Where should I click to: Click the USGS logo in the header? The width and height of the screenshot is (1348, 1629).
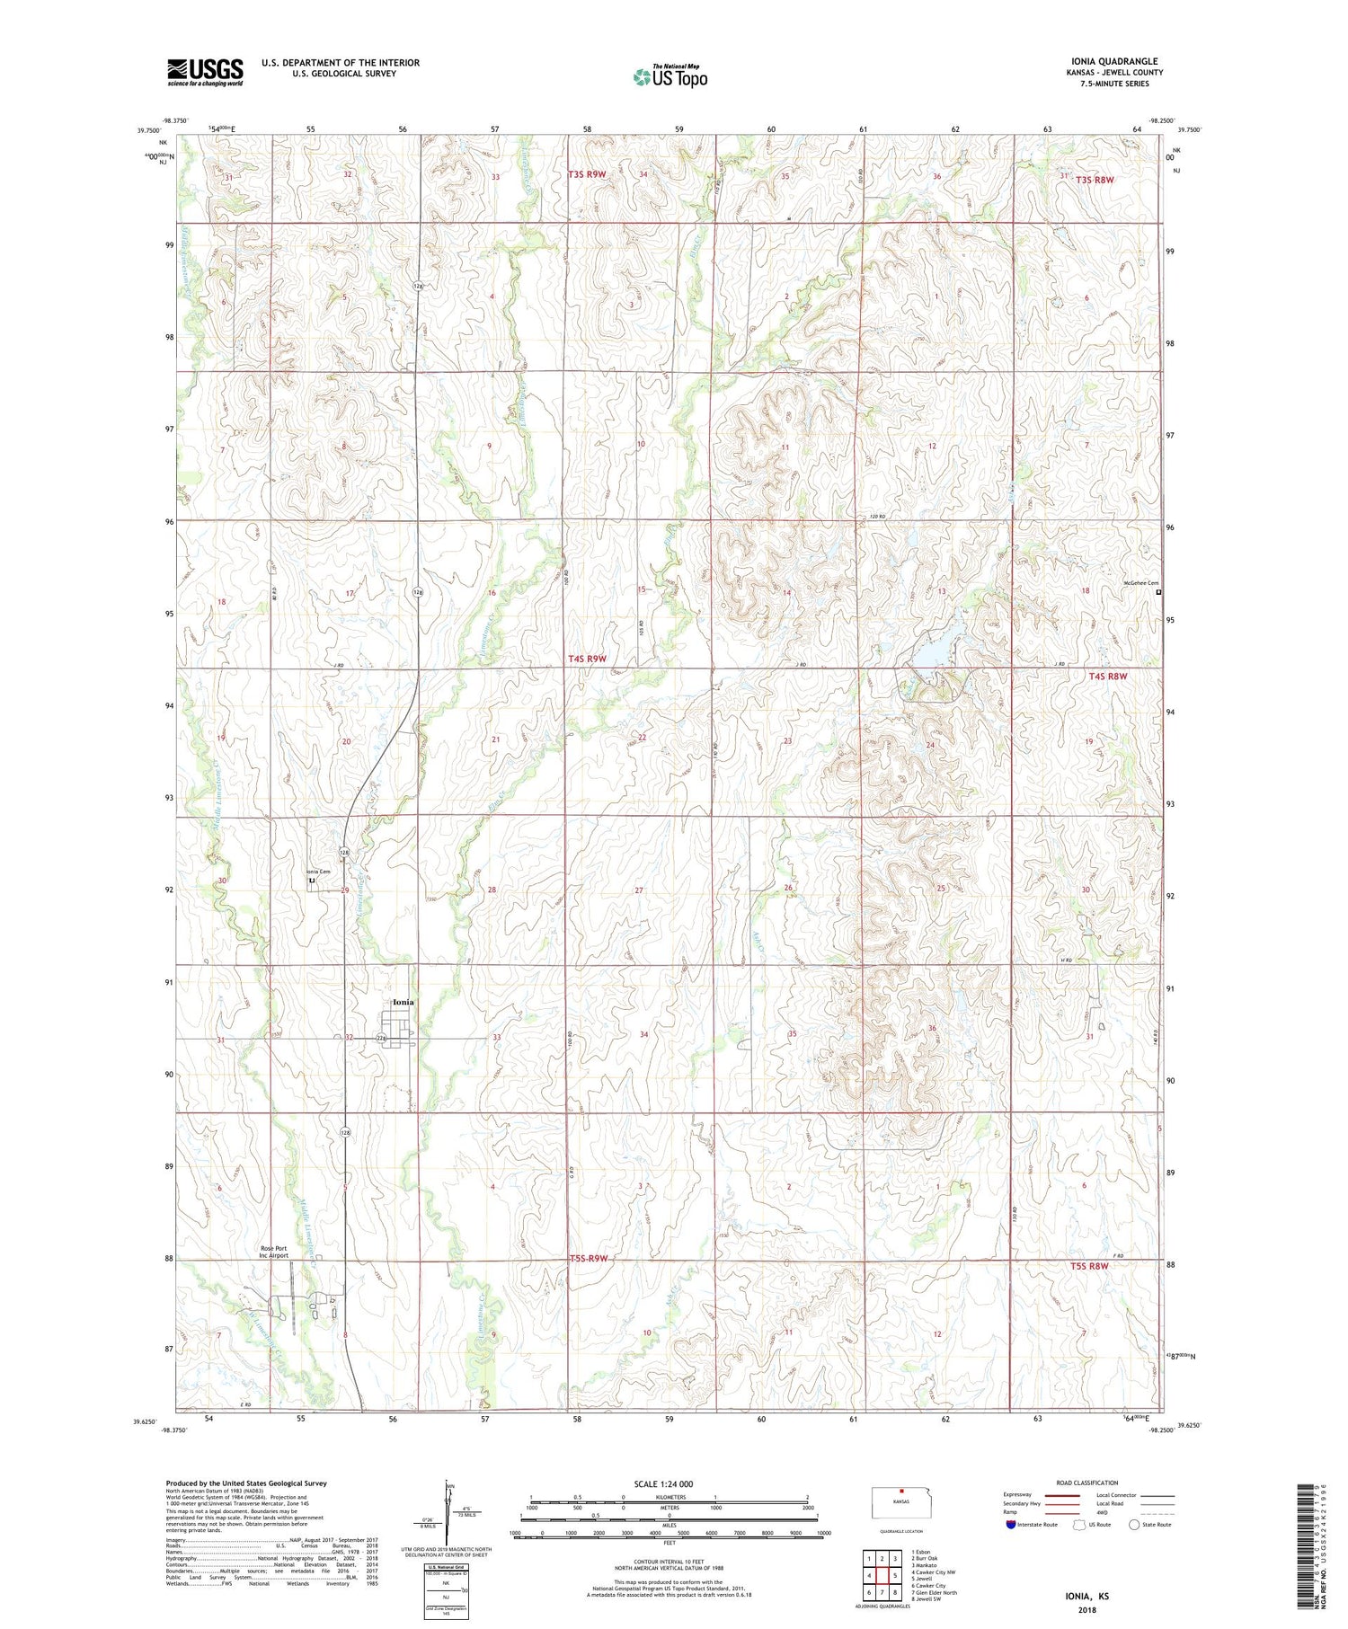pos(205,72)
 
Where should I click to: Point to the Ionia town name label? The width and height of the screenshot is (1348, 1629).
pos(404,1002)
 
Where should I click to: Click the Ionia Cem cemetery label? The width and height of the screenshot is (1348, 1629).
pos(317,872)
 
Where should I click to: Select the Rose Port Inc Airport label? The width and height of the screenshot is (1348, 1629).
pos(274,1252)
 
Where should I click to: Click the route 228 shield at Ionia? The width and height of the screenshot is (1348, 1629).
pos(381,1038)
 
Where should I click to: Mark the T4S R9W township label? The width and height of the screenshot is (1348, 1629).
pos(587,659)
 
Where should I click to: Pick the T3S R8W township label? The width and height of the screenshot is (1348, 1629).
pos(1097,180)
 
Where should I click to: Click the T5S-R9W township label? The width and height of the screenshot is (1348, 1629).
pos(589,1258)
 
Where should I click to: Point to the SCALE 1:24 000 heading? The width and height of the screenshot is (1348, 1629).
pos(663,1483)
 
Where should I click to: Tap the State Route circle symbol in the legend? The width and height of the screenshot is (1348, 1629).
pos(1134,1524)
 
